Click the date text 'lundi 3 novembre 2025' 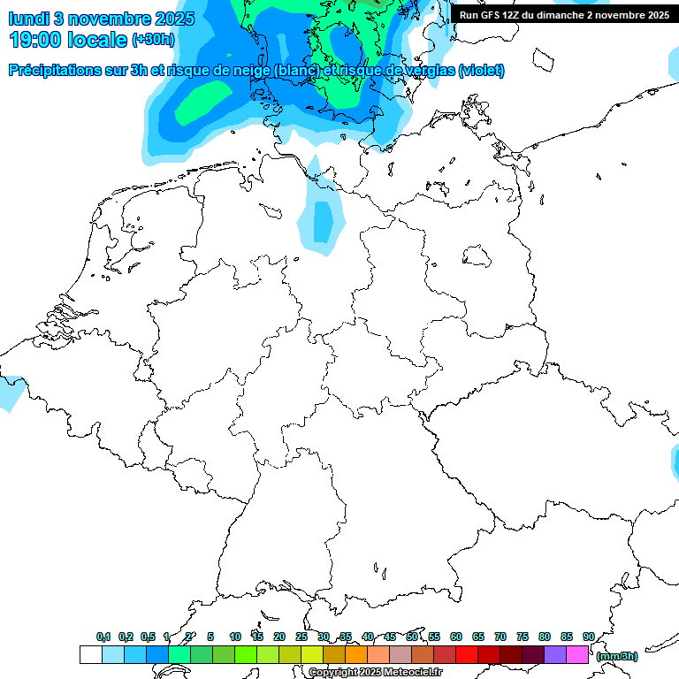pos(102,19)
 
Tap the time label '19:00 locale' pos(69,40)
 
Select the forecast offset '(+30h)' pos(153,40)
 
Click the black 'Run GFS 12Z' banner pos(564,15)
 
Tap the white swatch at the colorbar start pos(90,654)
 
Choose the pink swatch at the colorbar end pos(577,654)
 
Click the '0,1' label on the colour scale pos(103,637)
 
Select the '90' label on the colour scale pos(588,637)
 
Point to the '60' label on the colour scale pos(456,637)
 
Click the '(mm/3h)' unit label pos(617,656)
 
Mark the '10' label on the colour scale pos(235,637)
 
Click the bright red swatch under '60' pos(467,654)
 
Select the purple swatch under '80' pos(555,654)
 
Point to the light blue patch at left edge pos(9,393)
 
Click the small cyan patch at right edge pos(674,460)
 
